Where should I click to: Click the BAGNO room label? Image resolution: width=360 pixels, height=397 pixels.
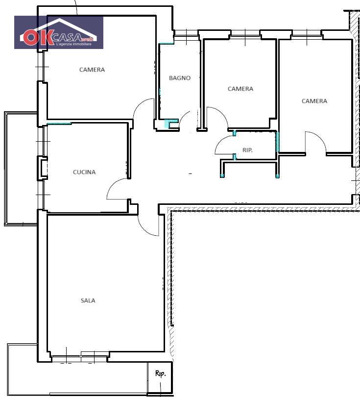coord(180,78)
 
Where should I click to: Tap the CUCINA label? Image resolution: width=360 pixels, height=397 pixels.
coord(84,172)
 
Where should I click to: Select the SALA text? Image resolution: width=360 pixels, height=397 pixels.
coord(88,300)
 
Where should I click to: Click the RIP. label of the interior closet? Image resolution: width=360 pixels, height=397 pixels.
coord(247,150)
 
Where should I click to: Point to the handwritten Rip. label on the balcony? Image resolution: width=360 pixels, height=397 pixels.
coord(160,373)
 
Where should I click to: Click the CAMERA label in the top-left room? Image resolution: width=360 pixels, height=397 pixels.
coord(92,70)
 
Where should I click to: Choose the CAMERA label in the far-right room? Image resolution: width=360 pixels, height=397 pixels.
coord(314,101)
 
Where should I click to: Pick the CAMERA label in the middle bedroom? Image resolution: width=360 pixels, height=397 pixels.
coord(240,89)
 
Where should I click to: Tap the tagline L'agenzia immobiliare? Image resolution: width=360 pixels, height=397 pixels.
coord(73,44)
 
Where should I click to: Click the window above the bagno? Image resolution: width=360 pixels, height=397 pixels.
coord(187,33)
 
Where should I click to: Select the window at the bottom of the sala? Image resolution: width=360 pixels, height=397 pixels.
coord(80,356)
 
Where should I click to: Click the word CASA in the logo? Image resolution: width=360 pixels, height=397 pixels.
coord(67,38)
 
